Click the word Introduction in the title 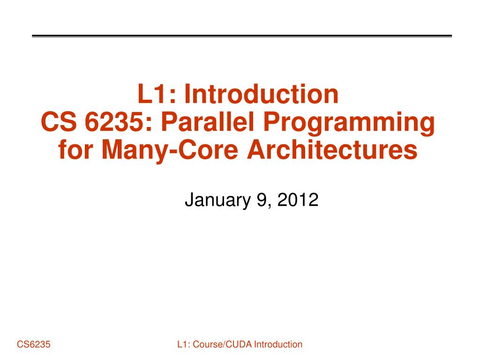tap(261, 94)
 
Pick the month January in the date tap(217, 200)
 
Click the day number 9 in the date tap(261, 200)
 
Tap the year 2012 tap(298, 200)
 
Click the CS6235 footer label tap(34, 345)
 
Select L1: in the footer tap(183, 345)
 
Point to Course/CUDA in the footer tap(221, 345)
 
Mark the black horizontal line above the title tap(242, 36)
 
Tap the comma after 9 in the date tap(268, 205)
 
